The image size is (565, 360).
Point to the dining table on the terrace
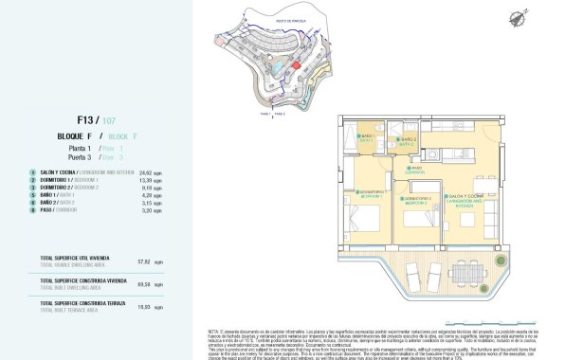(x=464, y=274)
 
